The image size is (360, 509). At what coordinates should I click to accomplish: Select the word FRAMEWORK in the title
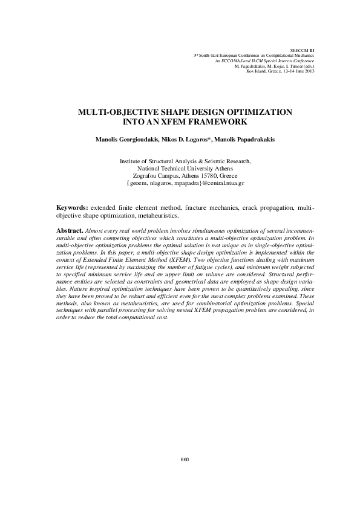pyautogui.click(x=211, y=122)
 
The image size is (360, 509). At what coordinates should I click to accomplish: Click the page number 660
pyautogui.click(x=185, y=460)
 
